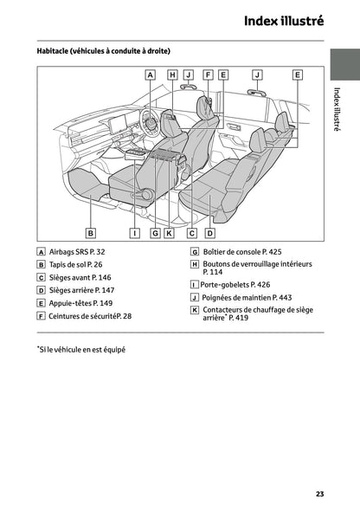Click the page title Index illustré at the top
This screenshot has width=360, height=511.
[283, 20]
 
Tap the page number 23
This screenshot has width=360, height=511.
[319, 493]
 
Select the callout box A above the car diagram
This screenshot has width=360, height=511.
[150, 75]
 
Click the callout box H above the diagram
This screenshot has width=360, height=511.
[172, 75]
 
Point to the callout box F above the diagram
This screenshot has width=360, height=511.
[208, 75]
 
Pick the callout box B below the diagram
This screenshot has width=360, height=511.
[90, 232]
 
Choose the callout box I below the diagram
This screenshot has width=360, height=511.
[135, 232]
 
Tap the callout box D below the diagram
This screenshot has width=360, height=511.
[209, 232]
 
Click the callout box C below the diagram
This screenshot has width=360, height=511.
[192, 232]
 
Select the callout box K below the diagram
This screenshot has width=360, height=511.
[169, 232]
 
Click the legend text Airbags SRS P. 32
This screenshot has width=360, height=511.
[76, 251]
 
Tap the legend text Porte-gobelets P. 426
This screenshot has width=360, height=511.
[235, 284]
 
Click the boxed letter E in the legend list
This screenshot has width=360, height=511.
[42, 304]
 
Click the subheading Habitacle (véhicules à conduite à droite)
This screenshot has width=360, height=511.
[104, 51]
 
